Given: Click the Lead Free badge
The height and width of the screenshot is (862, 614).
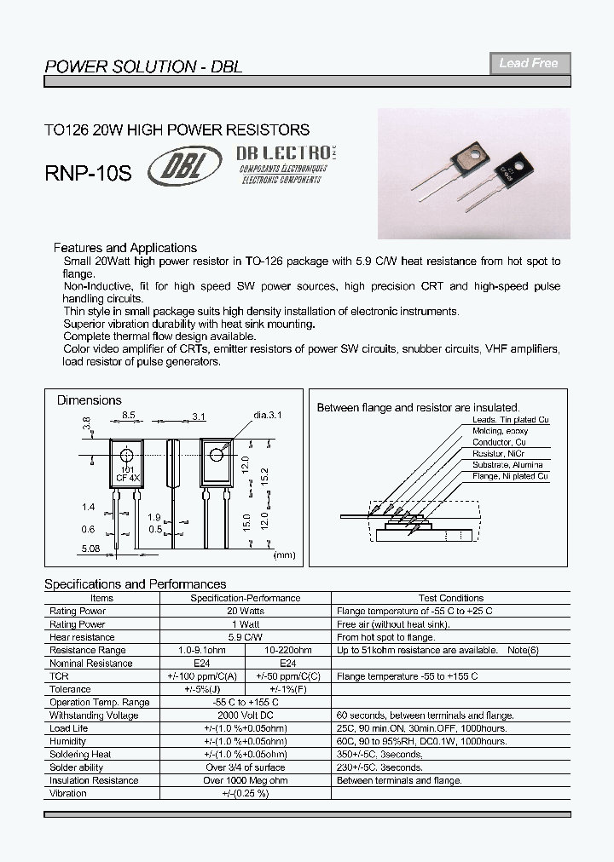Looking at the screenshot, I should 529,63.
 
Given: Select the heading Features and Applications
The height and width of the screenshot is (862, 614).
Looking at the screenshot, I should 125,248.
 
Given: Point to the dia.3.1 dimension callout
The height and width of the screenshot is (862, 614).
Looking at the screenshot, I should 267,415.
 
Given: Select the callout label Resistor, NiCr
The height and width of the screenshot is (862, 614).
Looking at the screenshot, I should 501,454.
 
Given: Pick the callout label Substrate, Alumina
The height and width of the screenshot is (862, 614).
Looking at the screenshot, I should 508,465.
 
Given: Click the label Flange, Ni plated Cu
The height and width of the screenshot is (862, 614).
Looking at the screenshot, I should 510,476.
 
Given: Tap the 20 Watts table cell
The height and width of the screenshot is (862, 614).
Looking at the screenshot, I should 245,611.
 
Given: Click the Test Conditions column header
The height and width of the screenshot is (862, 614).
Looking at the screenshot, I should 451,598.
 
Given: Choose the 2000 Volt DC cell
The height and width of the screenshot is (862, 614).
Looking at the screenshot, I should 245,715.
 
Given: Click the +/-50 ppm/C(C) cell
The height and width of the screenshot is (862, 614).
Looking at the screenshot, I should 288,675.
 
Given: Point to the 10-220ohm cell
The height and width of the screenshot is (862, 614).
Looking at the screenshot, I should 288,650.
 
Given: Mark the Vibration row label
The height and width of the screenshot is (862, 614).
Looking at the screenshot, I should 68,793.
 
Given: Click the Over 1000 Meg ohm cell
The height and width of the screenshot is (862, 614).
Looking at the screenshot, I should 245,780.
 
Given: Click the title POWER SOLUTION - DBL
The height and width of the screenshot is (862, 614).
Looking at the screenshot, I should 142,66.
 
